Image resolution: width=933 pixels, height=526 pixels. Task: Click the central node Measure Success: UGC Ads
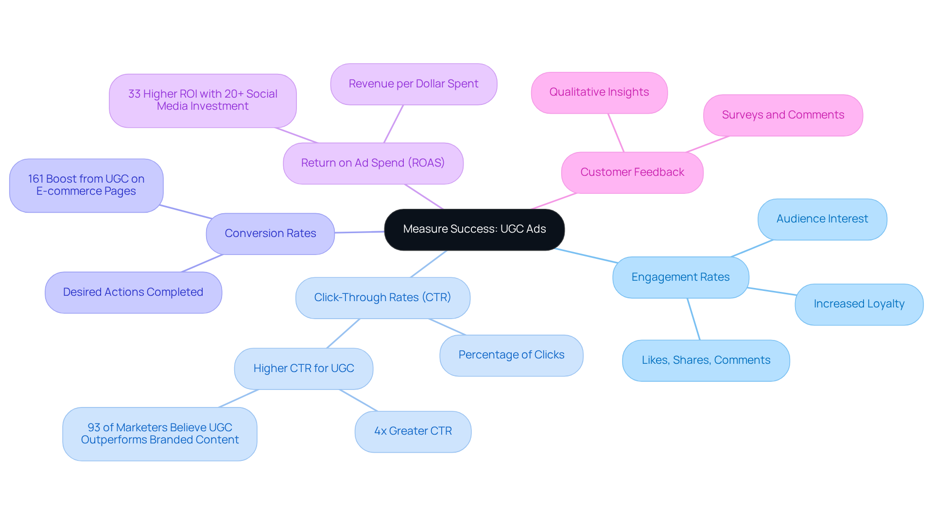pos(474,229)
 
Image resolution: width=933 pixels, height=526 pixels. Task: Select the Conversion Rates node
pos(270,234)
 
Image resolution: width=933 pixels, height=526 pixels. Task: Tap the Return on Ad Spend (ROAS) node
pos(373,163)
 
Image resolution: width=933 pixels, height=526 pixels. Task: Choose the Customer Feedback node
pos(632,172)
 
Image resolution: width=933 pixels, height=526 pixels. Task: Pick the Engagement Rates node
pos(680,277)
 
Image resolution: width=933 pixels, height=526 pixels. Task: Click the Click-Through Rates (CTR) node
pos(382,298)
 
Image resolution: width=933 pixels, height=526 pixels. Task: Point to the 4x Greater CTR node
pos(413,431)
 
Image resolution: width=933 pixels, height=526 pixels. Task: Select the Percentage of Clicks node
pos(511,355)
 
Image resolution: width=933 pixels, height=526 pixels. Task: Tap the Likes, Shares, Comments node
pos(706,360)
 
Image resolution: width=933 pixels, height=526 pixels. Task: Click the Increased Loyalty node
pos(859,304)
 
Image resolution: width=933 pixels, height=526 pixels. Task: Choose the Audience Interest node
pos(822,219)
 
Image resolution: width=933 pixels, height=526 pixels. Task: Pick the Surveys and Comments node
pos(783,115)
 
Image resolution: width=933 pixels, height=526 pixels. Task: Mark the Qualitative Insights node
pos(599,92)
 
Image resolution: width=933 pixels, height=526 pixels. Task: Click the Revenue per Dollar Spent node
pos(414,84)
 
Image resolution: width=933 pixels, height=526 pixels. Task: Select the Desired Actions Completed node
pos(133,292)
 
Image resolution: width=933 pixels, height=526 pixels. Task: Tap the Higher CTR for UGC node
pos(304,369)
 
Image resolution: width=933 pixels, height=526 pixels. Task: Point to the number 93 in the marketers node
pos(94,427)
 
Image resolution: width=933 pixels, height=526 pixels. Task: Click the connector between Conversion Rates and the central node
pos(360,232)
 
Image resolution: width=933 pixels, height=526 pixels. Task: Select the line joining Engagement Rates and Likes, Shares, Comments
pos(693,319)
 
